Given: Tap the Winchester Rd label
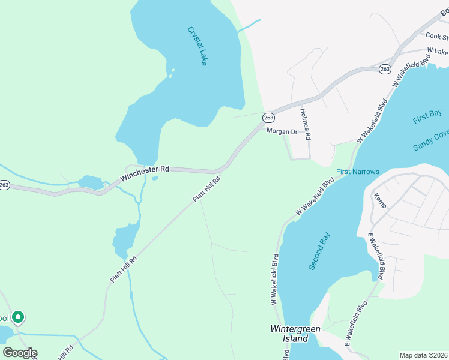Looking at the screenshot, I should [145, 174].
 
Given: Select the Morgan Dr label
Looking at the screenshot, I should [282, 131].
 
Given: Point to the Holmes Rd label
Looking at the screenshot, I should [306, 124].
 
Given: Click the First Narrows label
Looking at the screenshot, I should [357, 172].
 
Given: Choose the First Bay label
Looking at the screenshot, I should [427, 116].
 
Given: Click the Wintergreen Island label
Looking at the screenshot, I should [295, 334].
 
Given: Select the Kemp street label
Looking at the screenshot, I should [380, 200].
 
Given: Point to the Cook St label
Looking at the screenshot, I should [438, 37].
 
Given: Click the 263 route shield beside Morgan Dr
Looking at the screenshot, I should [268, 118].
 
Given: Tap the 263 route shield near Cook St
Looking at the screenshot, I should [385, 70].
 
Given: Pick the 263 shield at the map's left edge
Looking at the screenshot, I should [4, 184].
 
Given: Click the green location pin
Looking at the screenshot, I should [19, 317].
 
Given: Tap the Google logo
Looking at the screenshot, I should [20, 353].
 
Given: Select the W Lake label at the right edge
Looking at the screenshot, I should [438, 52].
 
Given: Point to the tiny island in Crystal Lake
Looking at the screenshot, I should [172, 73].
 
